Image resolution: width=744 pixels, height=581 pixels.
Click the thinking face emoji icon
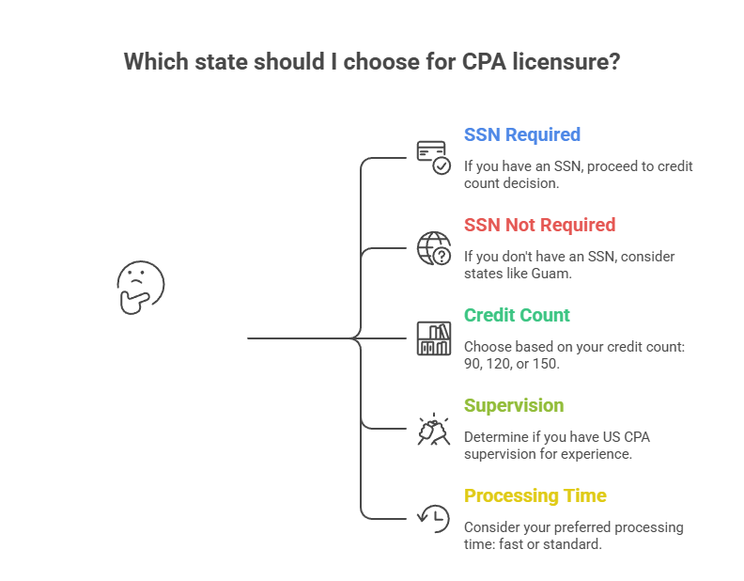coord(141,287)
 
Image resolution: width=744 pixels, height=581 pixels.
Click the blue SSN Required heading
coord(521,134)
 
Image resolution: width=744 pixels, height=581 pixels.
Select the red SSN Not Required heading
coord(539,225)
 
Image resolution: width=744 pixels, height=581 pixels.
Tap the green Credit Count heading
coord(517,315)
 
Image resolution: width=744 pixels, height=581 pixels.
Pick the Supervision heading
coord(513,405)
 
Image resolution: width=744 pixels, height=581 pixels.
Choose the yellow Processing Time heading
coord(535,495)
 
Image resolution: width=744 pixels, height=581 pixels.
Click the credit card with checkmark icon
coord(433,157)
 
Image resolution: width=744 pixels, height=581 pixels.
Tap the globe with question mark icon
coord(433,248)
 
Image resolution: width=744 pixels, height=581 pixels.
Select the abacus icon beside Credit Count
coord(433,338)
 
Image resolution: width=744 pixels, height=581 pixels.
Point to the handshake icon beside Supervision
coord(433,429)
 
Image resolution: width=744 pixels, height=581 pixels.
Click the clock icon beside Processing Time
coord(433,518)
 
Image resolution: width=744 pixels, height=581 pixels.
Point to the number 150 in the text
coord(544,364)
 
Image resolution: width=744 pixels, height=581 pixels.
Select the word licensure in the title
coord(579,63)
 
